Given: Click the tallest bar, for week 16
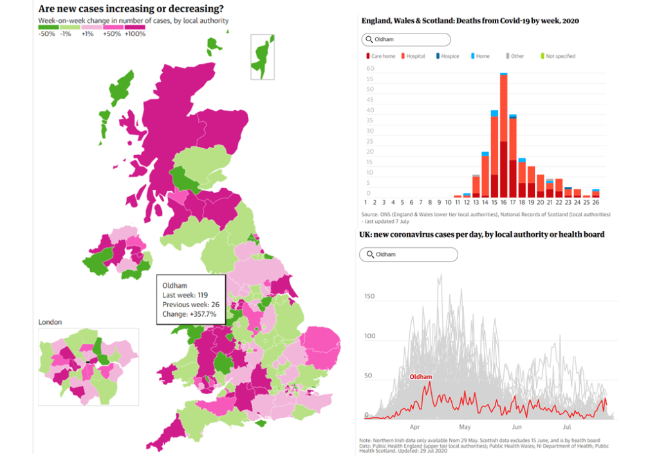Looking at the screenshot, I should tap(504, 135).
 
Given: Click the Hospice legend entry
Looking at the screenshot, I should tap(447, 56).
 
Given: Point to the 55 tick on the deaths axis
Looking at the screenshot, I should tap(369, 79).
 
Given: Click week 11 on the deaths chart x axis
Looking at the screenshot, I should tap(458, 202).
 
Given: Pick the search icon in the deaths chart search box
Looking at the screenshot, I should tap(369, 40).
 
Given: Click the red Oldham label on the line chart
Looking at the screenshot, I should tap(421, 377).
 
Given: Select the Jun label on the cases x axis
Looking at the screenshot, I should tap(516, 426).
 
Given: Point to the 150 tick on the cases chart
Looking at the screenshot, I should tap(369, 297).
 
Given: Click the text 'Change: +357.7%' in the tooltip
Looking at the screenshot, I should tap(189, 314).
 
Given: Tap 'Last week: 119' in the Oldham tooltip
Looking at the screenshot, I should tap(185, 295).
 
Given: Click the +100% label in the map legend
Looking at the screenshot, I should tap(135, 34).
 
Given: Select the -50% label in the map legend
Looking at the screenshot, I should tap(46, 34).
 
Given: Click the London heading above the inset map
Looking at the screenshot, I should tap(50, 321).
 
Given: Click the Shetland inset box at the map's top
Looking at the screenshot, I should tap(263, 57).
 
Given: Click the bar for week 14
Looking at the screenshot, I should tap(485, 174).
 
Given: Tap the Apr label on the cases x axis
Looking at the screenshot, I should tap(414, 426).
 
